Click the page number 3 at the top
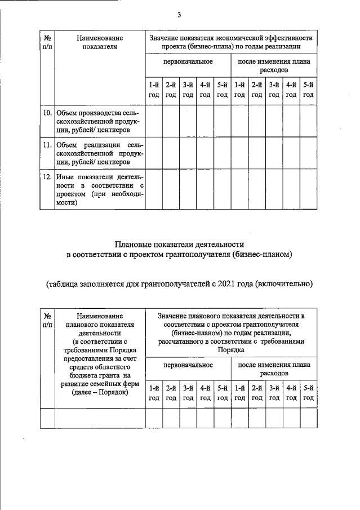(179, 15)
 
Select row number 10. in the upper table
(47, 113)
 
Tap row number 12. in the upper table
(47, 178)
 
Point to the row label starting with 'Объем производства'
(100, 121)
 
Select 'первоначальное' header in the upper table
(188, 61)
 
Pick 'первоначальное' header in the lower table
(188, 365)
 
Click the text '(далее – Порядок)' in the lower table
(100, 393)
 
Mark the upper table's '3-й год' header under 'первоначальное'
(188, 90)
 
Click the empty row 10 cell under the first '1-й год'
(154, 121)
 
